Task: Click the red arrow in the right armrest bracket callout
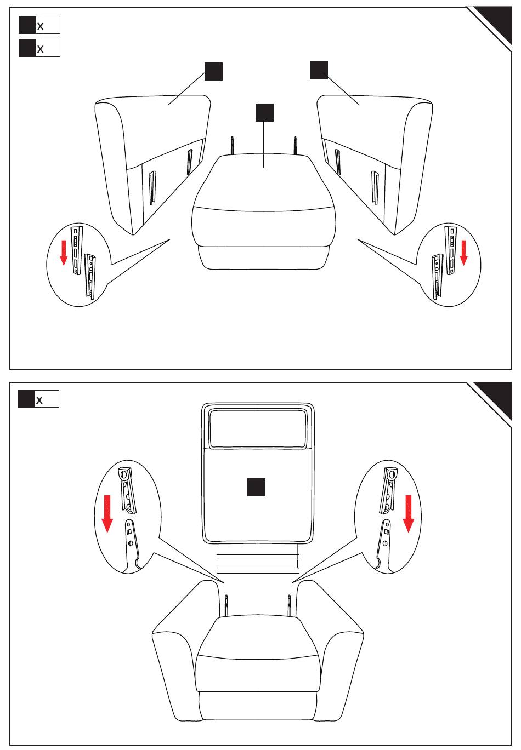pyautogui.click(x=463, y=253)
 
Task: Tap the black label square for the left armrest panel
pyautogui.click(x=213, y=71)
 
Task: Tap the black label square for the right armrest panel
pyautogui.click(x=319, y=70)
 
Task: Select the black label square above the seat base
pyautogui.click(x=264, y=112)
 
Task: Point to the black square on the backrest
pyautogui.click(x=256, y=487)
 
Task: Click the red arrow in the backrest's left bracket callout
pyautogui.click(x=107, y=514)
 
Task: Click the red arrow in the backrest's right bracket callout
pyautogui.click(x=409, y=514)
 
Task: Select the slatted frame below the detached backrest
pyautogui.click(x=257, y=558)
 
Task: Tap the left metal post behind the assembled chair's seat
pyautogui.click(x=226, y=605)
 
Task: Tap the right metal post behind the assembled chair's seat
pyautogui.click(x=290, y=605)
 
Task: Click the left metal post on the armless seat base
pyautogui.click(x=232, y=145)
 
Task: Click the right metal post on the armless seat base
pyautogui.click(x=295, y=145)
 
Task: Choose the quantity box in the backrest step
pyautogui.click(x=38, y=399)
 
